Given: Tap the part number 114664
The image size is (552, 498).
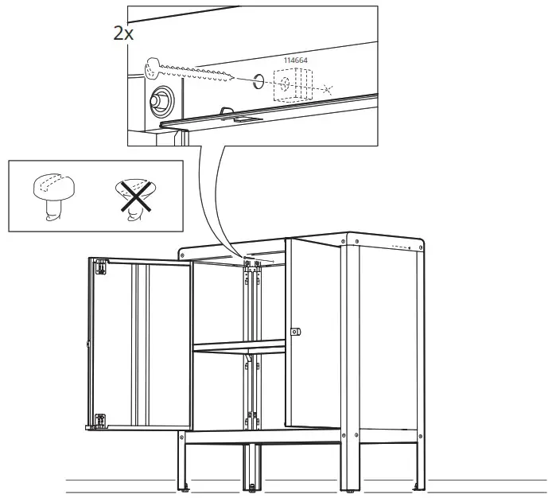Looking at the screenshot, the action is pos(297,60).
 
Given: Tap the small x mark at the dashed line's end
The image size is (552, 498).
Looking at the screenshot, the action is pos(329,89).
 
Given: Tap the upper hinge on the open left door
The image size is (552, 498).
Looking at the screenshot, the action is pos(101,267).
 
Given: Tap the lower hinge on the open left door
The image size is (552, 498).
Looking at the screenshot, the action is pos(100,420).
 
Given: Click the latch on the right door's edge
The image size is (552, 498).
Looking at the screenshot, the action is pos(295,329).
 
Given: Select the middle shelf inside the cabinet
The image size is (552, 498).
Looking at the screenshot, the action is pos(239,347).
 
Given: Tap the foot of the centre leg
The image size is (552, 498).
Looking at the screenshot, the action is pos(253,486).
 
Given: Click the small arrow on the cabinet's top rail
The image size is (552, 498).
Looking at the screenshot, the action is pos(270,259).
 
